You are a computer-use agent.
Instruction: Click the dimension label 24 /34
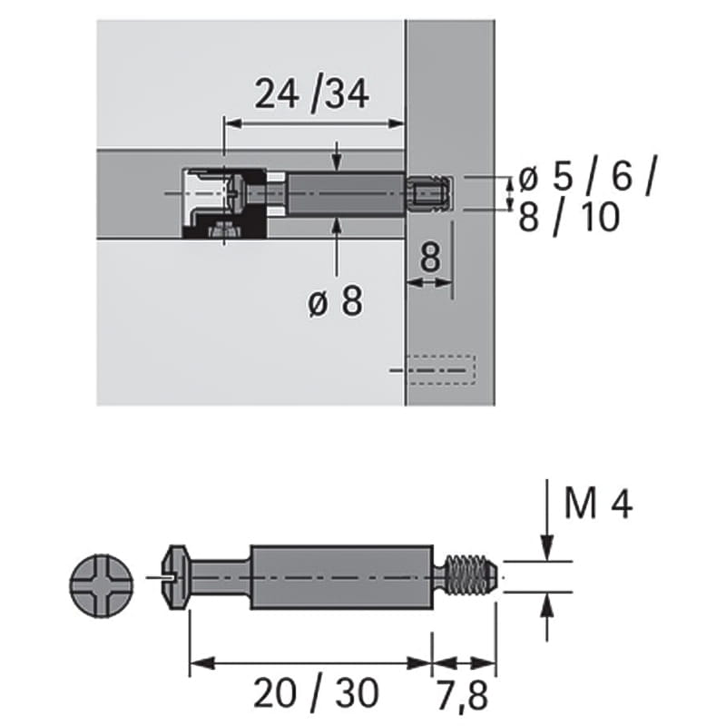311,94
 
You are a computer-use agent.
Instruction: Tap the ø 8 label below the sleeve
336,301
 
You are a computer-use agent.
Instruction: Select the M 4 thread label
598,504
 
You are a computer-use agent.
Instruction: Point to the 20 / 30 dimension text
316,693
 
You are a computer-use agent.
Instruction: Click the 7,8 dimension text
463,695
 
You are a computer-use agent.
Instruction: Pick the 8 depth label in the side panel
430,258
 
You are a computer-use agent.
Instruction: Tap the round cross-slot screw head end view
102,585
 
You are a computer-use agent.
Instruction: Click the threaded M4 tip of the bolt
467,576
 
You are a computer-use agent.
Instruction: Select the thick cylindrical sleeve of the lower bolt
342,577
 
